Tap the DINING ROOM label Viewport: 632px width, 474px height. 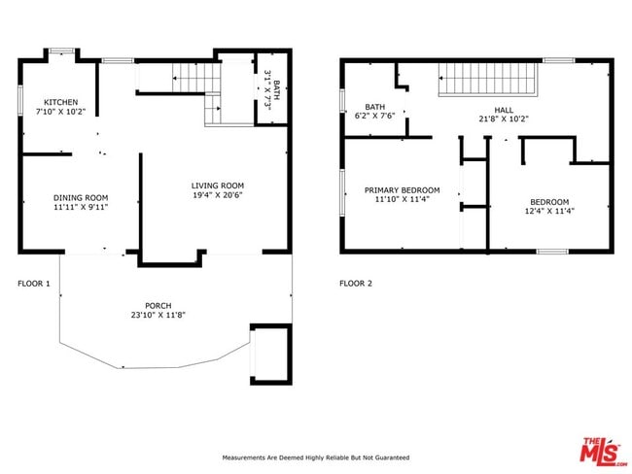point(80,197)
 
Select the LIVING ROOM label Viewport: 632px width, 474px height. point(217,186)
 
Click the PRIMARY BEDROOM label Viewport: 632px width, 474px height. point(402,190)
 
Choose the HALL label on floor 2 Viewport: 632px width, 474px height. point(503,111)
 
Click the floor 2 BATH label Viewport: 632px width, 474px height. point(374,107)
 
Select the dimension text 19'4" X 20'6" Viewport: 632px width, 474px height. point(217,195)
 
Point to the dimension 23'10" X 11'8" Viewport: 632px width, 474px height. point(158,315)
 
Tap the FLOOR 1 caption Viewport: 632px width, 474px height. point(34,284)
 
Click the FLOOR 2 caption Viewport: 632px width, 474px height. point(355,284)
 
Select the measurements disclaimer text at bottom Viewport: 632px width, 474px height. point(316,457)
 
